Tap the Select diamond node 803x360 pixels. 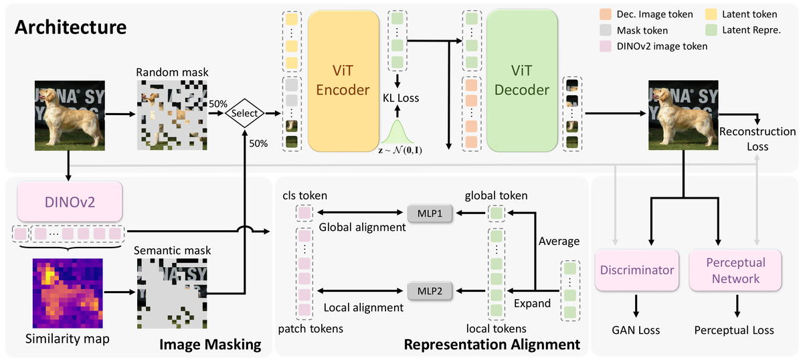pyautogui.click(x=244, y=113)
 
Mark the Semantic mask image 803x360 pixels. pyautogui.click(x=169, y=292)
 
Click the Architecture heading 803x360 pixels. pyautogui.click(x=70, y=27)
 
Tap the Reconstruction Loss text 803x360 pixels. pyautogui.click(x=757, y=139)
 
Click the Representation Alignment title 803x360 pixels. pyautogui.click(x=492, y=345)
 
